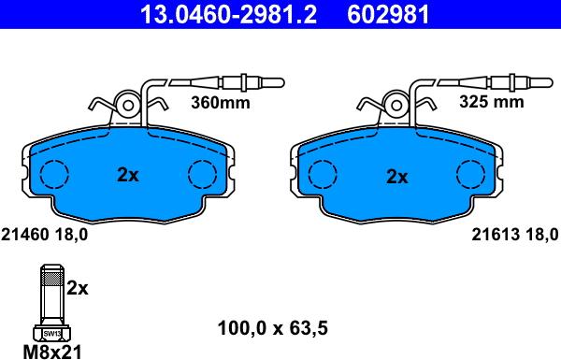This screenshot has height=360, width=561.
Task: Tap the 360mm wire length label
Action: click(x=221, y=104)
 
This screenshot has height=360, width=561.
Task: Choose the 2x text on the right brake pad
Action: click(x=397, y=176)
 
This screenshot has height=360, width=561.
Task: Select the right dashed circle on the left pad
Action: click(x=202, y=174)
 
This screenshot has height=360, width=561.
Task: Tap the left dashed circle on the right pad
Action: click(x=323, y=174)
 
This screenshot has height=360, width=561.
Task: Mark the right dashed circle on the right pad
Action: click(x=469, y=174)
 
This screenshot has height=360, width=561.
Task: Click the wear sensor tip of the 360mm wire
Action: click(x=268, y=83)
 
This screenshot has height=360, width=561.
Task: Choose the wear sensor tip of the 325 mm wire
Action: click(x=537, y=83)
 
